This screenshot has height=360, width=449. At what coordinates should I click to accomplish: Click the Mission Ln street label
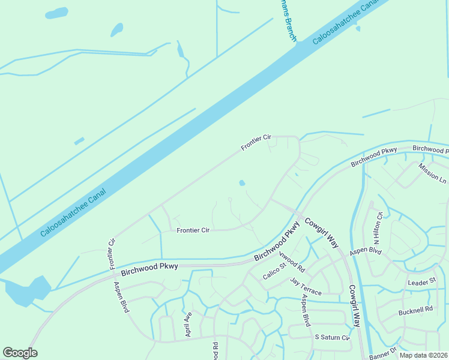tap(432, 173)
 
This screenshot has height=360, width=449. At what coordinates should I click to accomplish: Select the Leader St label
tap(421, 282)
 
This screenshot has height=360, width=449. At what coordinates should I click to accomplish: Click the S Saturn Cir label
tap(332, 338)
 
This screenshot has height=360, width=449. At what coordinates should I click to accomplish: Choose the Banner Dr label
tap(384, 353)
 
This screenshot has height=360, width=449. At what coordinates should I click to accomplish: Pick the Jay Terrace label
tap(306, 286)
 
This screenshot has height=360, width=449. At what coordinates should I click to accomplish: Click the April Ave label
tap(188, 324)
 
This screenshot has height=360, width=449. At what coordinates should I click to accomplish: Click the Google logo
tap(20, 353)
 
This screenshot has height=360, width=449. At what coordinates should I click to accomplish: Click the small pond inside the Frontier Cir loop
tap(242, 183)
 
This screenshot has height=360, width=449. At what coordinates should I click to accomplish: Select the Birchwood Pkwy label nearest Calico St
tap(277, 241)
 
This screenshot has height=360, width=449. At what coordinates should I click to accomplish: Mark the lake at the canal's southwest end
tap(27, 290)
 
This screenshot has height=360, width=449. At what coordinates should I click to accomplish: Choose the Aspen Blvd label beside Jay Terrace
tap(306, 310)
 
